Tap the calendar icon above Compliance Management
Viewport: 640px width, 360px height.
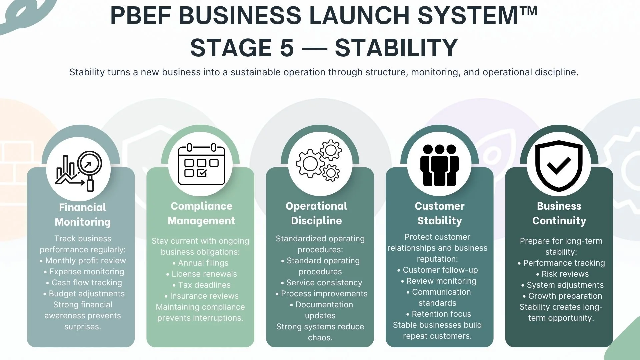(x=202, y=164)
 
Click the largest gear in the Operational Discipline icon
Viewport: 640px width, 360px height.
(x=310, y=163)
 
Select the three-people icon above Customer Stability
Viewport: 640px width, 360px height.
(x=439, y=165)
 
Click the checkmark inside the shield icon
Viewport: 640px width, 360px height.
(x=559, y=165)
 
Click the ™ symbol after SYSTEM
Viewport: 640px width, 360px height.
(x=528, y=12)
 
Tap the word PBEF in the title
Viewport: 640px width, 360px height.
(x=140, y=16)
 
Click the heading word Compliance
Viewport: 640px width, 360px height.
(x=201, y=206)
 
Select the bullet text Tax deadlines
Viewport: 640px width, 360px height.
(x=204, y=285)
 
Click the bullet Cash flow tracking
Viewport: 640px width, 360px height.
(x=87, y=283)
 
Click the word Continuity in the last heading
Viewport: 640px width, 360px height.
(x=559, y=221)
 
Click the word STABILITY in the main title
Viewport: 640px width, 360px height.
(x=396, y=48)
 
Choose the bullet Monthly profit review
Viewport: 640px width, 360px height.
(x=85, y=261)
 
